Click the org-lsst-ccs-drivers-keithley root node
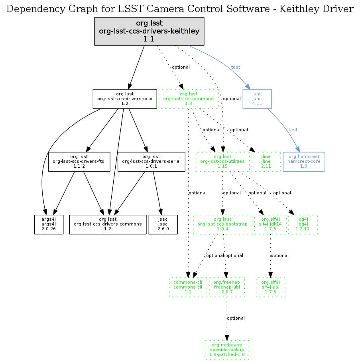pos(149,31)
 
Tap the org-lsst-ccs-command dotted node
pos(189,99)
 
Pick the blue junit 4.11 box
pos(257,99)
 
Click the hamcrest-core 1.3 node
pos(304,161)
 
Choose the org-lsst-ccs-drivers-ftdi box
pos(79,161)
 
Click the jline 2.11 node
pos(266,161)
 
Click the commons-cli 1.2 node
pos(188,287)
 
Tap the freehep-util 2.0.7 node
pos(226,287)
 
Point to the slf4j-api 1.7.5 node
pos(271,287)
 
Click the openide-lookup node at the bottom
pos(227,350)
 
